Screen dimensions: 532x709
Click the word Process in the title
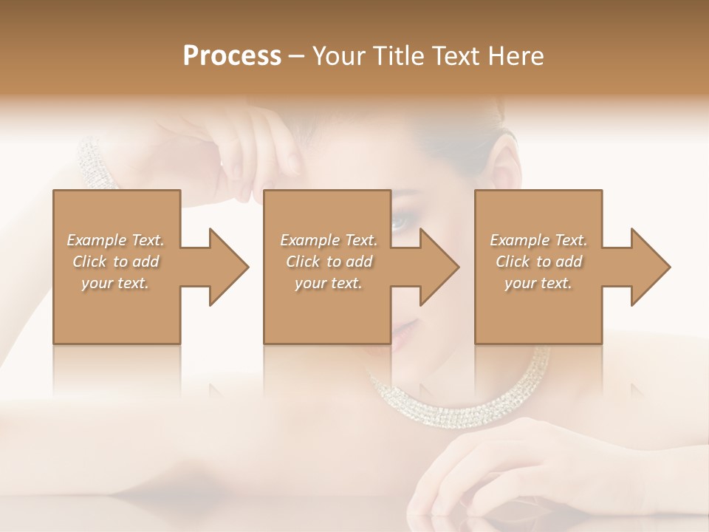coord(232,56)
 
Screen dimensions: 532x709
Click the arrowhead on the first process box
coord(229,267)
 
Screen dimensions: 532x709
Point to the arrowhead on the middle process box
coord(439,267)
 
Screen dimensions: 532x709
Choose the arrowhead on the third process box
coord(651,267)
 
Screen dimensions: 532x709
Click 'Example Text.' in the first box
coord(115,240)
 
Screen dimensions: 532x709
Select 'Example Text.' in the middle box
coord(328,240)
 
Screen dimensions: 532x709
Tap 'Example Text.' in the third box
coord(538,240)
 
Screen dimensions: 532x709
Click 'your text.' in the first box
coord(115,283)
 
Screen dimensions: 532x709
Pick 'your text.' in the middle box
coord(328,283)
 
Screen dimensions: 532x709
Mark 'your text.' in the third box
coord(538,283)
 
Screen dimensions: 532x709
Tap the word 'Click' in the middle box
coord(301,262)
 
